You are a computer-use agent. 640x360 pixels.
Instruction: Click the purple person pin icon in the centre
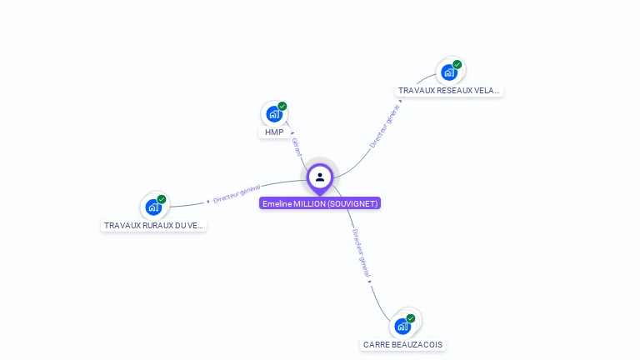point(320,177)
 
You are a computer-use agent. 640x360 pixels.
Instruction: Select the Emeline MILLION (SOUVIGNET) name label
point(320,203)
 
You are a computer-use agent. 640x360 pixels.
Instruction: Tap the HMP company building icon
point(273,114)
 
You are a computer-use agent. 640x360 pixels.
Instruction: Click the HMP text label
point(274,132)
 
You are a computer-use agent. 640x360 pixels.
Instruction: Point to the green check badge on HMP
point(282,106)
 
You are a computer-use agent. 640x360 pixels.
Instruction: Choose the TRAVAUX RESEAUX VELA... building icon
point(449,72)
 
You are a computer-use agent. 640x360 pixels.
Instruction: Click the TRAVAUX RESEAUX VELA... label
point(449,91)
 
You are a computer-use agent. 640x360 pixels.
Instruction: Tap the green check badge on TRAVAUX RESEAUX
point(457,64)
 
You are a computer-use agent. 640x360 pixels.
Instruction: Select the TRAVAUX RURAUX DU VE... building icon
point(153,207)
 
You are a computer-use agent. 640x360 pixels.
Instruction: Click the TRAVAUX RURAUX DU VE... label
point(153,226)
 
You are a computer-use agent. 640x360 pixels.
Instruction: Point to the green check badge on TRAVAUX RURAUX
point(162,199)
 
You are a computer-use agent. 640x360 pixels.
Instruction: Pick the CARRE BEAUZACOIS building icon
point(402,326)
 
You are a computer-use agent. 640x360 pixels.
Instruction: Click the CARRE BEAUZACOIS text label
point(403,344)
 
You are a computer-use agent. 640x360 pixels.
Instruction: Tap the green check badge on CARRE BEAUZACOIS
point(411,318)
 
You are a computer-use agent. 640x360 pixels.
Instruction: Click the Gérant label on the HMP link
point(297,147)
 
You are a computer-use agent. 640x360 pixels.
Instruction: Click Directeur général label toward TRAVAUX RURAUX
point(237,194)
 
